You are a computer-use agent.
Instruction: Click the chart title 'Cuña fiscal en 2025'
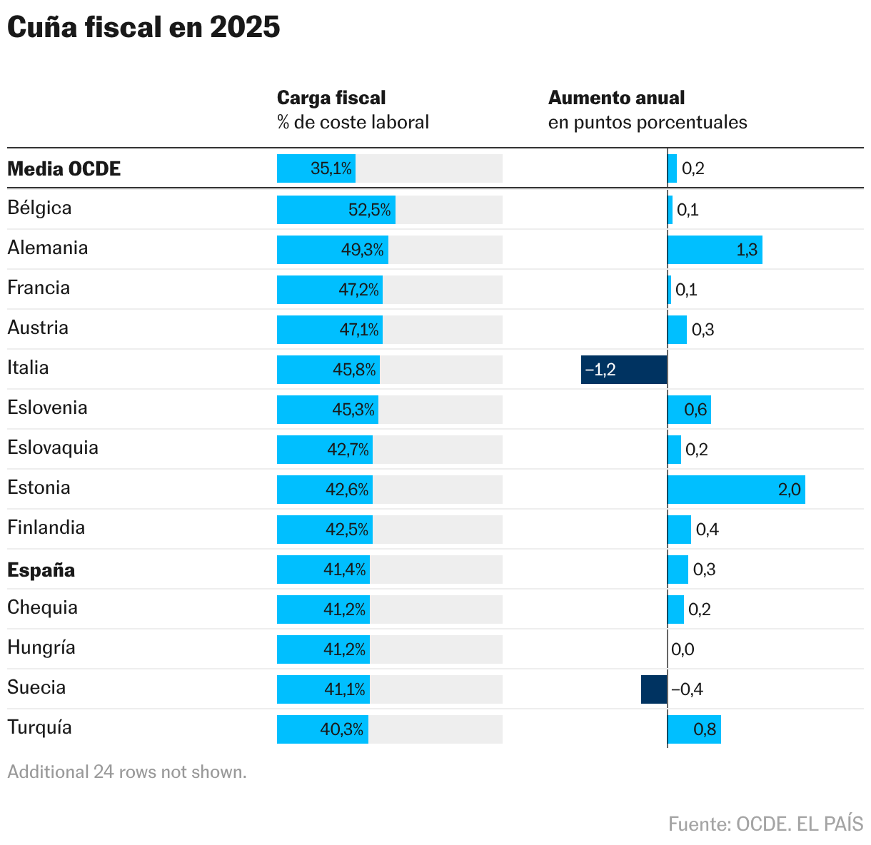point(144,27)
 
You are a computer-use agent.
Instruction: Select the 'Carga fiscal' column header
point(331,98)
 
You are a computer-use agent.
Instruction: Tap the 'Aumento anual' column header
point(616,98)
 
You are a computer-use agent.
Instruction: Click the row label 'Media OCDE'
point(64,169)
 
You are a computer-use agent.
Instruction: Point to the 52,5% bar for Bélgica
point(336,210)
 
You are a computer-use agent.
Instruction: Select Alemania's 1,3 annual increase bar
point(715,250)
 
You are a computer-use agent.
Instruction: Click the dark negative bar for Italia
point(624,370)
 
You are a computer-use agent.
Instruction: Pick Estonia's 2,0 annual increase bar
point(736,490)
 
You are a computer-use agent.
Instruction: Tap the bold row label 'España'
point(41,570)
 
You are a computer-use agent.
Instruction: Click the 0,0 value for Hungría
point(683,649)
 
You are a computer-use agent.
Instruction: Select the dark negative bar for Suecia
point(654,689)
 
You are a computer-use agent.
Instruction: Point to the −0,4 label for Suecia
point(687,689)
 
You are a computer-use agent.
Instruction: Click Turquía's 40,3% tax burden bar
point(323,729)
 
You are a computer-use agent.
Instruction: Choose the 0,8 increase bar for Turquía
point(694,729)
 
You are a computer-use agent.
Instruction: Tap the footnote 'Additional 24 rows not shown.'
point(127,772)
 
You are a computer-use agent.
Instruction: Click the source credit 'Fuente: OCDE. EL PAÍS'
point(765,824)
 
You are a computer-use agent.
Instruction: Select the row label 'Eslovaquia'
point(53,448)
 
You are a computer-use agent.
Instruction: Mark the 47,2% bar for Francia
point(330,290)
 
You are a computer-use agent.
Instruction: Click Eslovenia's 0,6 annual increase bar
point(689,410)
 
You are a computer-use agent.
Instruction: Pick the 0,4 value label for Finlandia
point(707,530)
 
